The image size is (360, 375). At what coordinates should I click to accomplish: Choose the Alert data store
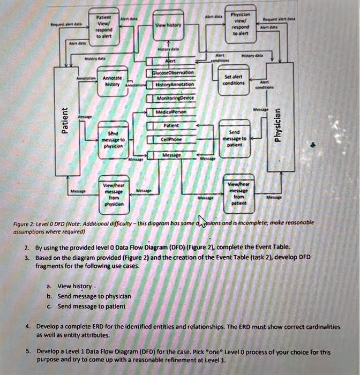point(170,60)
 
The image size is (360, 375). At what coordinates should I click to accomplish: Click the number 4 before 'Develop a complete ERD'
point(26,326)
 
